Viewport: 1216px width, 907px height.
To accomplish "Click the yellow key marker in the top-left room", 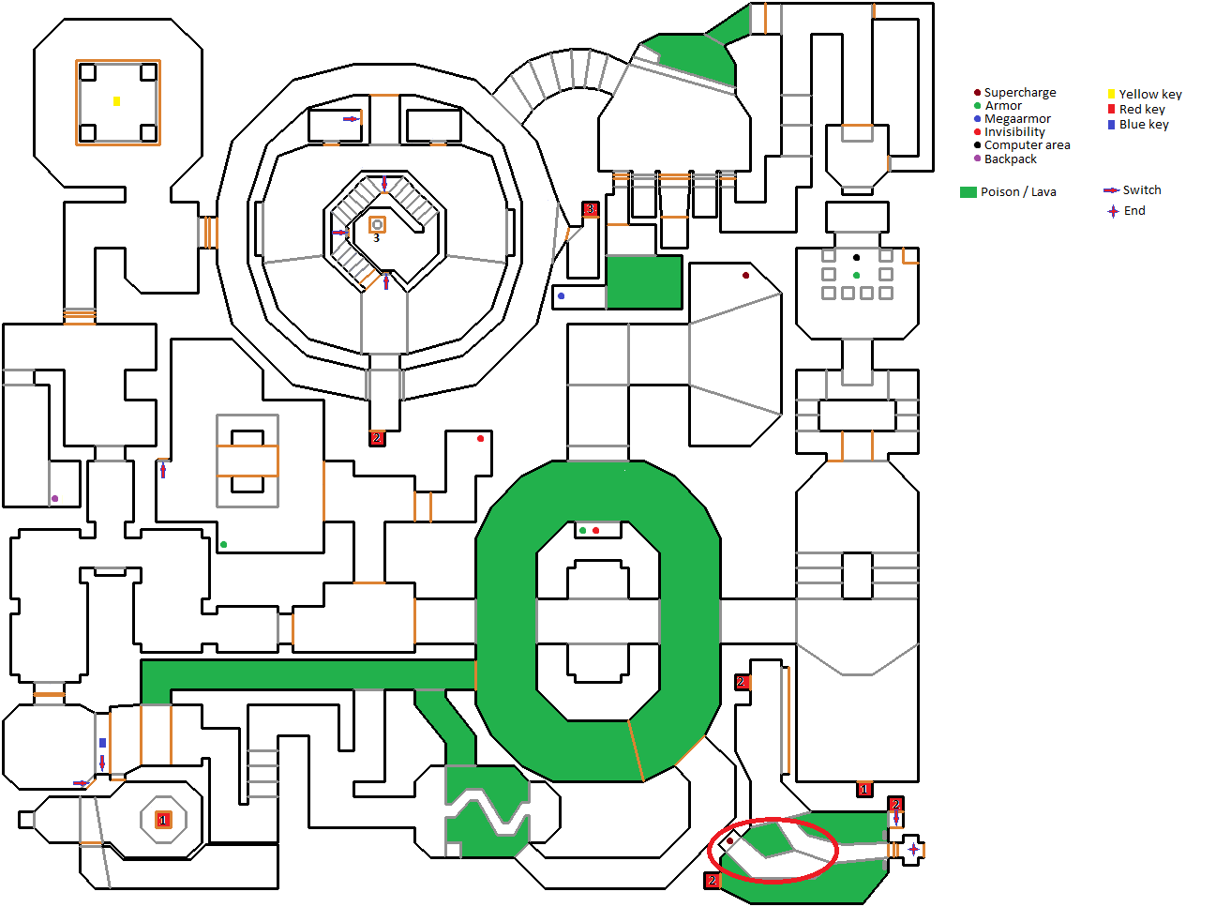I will [x=116, y=100].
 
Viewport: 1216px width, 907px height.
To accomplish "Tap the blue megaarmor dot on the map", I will [x=561, y=295].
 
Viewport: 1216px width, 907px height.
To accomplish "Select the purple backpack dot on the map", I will [x=54, y=498].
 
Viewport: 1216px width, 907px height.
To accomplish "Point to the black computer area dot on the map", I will [x=856, y=257].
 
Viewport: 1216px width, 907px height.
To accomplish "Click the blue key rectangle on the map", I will [x=102, y=743].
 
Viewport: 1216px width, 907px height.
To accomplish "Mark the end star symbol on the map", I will [x=913, y=849].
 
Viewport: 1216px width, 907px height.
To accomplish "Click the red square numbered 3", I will [x=590, y=209].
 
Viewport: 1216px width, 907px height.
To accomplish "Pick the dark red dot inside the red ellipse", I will [x=729, y=841].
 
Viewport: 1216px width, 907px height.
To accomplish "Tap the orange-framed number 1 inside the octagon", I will [x=162, y=820].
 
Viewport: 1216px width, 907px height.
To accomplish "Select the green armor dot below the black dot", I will [x=856, y=275].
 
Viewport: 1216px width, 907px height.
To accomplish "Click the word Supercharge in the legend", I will [x=1020, y=93].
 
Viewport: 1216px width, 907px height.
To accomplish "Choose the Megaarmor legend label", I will [x=1017, y=119].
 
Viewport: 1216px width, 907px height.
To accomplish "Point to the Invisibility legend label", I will [x=1014, y=132].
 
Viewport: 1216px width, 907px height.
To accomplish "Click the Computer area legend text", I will [x=1027, y=145].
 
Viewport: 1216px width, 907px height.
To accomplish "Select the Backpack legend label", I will [x=1010, y=159].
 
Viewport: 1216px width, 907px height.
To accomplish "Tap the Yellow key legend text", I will [x=1150, y=95].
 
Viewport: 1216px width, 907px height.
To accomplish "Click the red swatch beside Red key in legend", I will [x=1111, y=110].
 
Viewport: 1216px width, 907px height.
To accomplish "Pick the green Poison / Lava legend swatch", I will [x=968, y=192].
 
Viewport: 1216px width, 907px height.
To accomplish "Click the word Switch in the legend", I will [x=1141, y=190].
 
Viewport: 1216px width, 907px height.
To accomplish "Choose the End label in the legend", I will [x=1134, y=211].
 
